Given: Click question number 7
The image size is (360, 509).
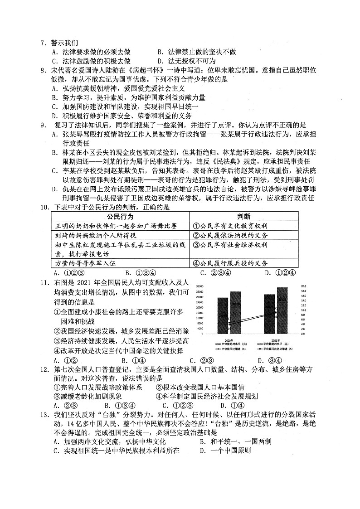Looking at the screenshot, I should tap(43, 44).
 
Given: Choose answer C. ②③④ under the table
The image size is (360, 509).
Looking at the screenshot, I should tap(207, 273).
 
